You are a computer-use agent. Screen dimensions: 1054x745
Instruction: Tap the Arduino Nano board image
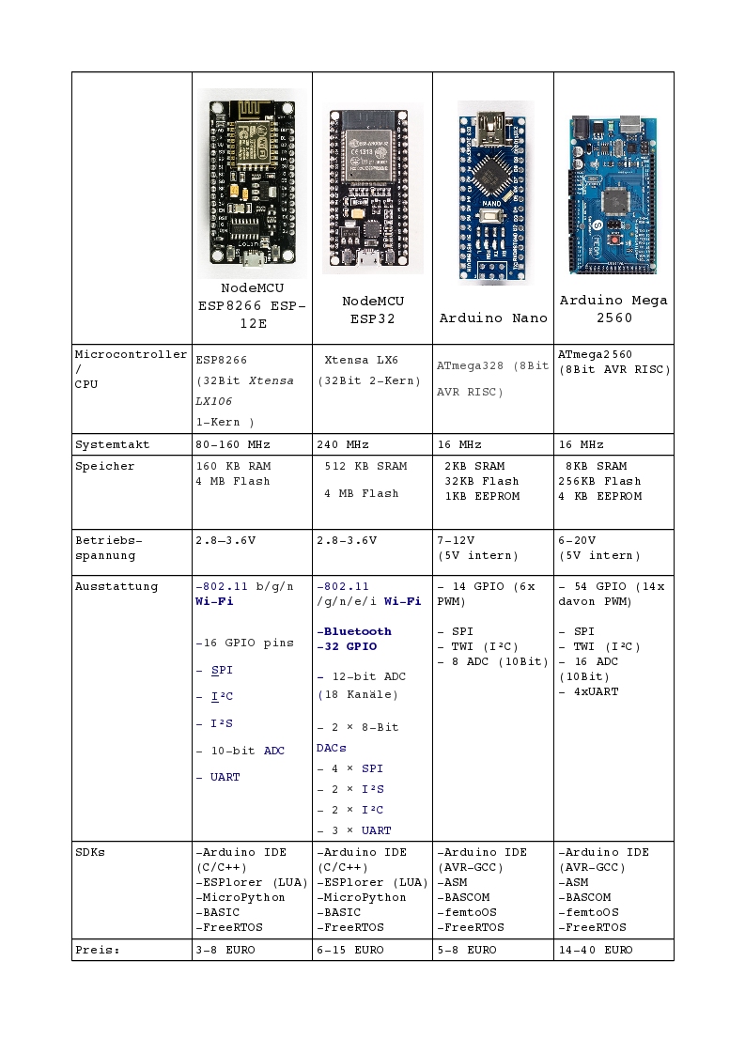(x=493, y=192)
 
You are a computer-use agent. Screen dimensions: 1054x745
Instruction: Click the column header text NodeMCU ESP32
(x=372, y=309)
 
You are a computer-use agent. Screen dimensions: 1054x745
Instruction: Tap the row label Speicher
(x=104, y=466)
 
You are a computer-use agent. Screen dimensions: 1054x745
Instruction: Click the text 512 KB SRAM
(x=365, y=466)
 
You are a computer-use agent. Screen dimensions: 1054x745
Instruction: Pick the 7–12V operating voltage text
(x=456, y=540)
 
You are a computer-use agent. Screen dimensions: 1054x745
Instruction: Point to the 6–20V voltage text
(x=577, y=540)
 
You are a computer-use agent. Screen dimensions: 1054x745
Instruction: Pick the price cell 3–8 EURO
(x=225, y=950)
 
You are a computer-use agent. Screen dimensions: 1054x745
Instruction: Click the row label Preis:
(x=97, y=950)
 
